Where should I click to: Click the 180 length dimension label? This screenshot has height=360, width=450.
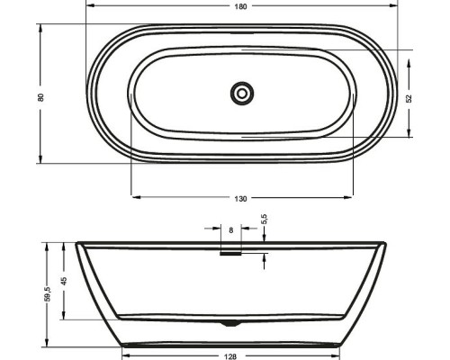(x=240, y=6)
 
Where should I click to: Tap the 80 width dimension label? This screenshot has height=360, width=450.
(x=40, y=97)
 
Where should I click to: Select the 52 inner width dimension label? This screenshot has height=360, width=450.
(x=409, y=99)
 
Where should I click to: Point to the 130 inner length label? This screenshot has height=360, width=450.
(x=240, y=199)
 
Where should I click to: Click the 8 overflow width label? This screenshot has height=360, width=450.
(x=230, y=230)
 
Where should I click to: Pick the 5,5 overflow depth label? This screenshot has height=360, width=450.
(x=265, y=219)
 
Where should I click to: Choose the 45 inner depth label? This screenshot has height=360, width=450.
(x=64, y=281)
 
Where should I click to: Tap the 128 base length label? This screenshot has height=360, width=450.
(x=230, y=356)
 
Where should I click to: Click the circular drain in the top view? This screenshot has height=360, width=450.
(x=242, y=94)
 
